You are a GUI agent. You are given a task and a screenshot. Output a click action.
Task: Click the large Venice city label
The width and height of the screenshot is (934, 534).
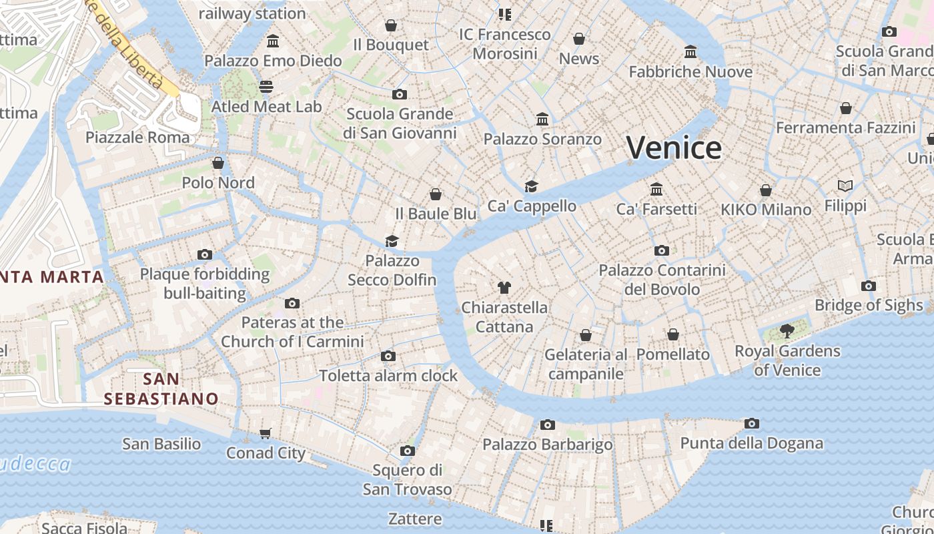tap(674, 148)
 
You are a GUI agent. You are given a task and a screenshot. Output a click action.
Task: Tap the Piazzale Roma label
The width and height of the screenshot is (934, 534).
tap(137, 138)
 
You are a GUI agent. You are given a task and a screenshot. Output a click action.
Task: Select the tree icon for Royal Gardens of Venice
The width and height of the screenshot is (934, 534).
tap(787, 330)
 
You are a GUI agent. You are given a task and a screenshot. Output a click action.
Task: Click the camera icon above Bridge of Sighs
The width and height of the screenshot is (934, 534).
tap(868, 286)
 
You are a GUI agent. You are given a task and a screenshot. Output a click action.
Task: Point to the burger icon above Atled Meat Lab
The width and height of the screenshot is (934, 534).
tap(266, 86)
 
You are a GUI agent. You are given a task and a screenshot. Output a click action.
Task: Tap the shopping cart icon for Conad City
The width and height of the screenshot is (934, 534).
tap(266, 433)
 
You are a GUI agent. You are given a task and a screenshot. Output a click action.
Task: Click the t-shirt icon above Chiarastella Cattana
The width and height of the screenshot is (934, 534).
tap(504, 288)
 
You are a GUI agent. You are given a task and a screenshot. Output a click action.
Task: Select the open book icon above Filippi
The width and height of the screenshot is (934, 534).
tap(845, 186)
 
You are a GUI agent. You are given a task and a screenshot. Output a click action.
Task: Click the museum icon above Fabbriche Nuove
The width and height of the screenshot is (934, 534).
tap(690, 51)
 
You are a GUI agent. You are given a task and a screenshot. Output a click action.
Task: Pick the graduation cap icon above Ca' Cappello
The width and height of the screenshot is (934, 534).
tap(531, 186)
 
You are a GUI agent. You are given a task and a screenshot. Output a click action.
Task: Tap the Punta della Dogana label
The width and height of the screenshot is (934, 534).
tap(751, 443)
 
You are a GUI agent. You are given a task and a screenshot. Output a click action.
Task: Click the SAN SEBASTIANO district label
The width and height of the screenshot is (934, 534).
tap(161, 389)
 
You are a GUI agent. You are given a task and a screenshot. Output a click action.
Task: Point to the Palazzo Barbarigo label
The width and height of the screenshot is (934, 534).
tap(547, 445)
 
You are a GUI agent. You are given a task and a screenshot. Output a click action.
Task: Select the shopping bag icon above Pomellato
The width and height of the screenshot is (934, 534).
tap(673, 334)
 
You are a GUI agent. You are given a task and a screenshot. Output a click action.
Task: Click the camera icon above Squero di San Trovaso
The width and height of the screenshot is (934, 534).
tap(407, 451)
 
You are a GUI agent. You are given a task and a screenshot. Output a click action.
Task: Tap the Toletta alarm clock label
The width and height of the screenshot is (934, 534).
tap(388, 376)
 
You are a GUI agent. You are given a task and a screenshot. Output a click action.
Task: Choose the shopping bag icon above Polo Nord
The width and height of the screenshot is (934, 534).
tap(218, 163)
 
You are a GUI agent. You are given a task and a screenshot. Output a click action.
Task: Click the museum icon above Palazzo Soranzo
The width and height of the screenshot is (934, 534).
tap(542, 119)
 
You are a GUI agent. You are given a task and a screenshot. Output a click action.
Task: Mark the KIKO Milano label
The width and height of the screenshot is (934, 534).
tap(766, 210)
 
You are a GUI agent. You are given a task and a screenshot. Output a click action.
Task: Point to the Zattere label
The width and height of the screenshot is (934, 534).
tap(415, 519)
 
